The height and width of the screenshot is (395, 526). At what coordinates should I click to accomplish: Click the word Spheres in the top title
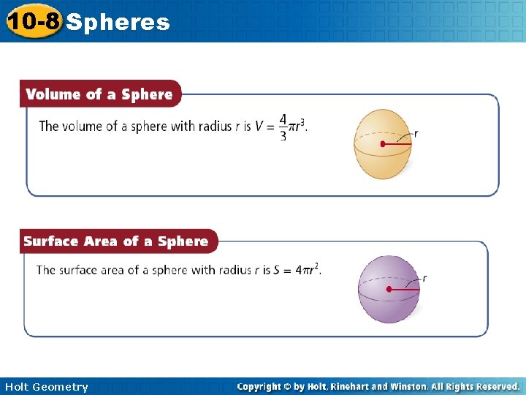(x=118, y=23)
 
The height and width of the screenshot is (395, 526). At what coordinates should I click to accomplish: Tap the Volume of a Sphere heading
(x=99, y=94)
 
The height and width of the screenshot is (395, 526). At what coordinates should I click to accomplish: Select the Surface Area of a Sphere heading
(x=116, y=241)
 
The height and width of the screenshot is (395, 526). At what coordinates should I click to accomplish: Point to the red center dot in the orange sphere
(x=382, y=144)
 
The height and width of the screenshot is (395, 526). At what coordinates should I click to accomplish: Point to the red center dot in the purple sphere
(x=389, y=290)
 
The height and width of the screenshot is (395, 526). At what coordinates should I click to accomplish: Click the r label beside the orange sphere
(x=416, y=133)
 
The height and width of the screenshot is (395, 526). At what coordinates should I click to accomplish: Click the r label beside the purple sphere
(x=424, y=279)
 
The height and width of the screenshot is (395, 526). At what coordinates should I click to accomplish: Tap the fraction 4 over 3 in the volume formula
(x=283, y=127)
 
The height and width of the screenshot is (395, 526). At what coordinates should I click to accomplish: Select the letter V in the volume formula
(x=259, y=127)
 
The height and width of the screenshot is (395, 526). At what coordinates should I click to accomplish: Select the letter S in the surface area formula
(x=277, y=270)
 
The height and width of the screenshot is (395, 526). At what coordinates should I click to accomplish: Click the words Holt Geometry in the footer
(x=45, y=387)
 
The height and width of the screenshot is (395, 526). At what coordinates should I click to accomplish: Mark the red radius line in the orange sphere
(x=398, y=144)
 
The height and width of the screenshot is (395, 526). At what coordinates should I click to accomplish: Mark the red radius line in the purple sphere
(x=405, y=290)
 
